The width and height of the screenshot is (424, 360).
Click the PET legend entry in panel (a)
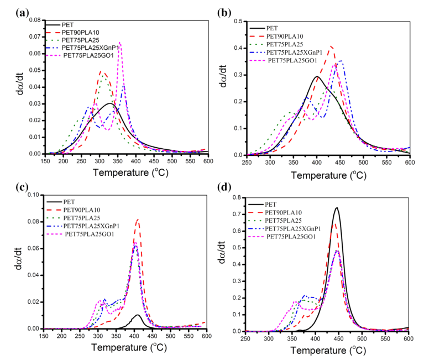68,25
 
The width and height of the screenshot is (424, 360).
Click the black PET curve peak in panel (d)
337,208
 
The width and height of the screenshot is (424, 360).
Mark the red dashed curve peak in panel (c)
138,220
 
